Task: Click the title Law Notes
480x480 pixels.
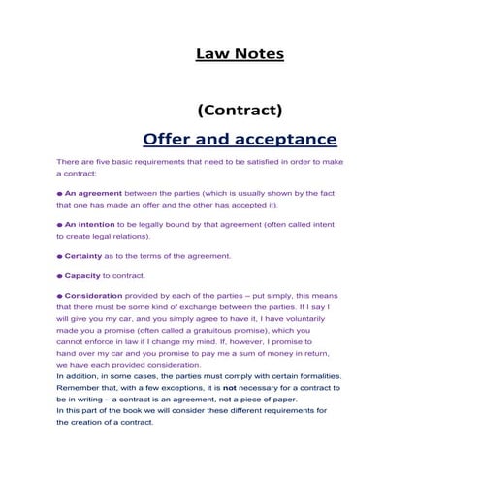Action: (240, 54)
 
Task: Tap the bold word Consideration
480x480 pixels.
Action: (97, 296)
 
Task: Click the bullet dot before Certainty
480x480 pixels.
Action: (59, 256)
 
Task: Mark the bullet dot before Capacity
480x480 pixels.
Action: (59, 276)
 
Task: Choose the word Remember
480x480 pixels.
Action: (80, 388)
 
